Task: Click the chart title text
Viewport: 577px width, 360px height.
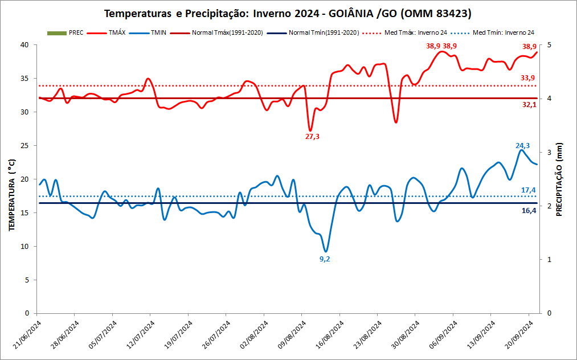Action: [x=288, y=13]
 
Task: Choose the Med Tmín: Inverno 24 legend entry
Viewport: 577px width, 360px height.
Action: [x=501, y=33]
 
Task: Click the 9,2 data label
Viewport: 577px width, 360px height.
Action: [x=325, y=259]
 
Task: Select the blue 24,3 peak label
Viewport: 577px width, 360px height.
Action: [x=522, y=146]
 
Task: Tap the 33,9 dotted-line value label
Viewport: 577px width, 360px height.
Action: [x=527, y=78]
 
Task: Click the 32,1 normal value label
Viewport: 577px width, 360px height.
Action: [x=529, y=105]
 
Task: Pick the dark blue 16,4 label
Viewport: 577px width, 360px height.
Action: [x=529, y=211]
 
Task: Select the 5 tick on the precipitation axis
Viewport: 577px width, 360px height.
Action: [x=548, y=45]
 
